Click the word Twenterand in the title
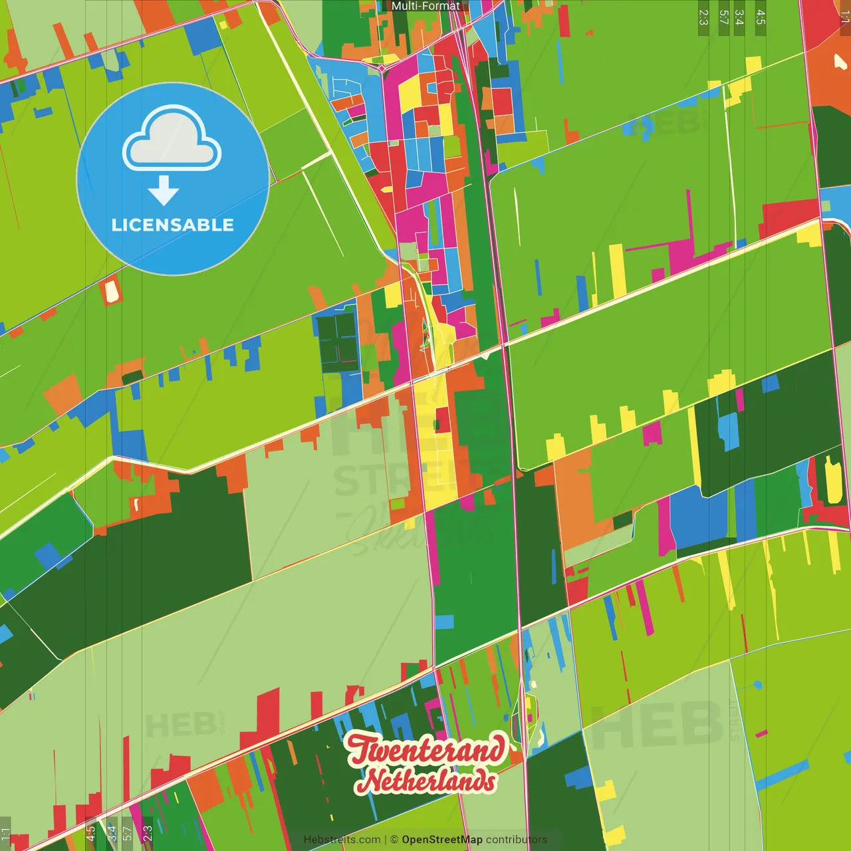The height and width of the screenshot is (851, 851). pos(425,750)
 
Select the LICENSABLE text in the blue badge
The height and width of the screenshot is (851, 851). pos(172,225)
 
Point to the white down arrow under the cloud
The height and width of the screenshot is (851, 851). pos(164,191)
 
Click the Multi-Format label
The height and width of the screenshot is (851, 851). pos(425,6)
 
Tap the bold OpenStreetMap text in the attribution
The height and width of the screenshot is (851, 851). pos(442,840)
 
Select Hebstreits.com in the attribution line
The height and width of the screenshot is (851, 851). pos(342,840)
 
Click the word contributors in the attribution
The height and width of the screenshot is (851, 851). pos(516,840)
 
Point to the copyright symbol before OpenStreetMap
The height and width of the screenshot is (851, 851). pos(394,840)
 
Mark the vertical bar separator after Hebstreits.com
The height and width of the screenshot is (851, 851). pos(386,840)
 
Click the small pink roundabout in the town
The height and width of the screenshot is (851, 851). pos(382,67)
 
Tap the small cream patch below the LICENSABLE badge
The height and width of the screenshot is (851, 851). pos(111,291)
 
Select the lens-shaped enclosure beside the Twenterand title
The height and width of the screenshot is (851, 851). pos(530,721)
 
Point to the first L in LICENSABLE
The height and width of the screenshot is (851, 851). pos(116,225)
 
